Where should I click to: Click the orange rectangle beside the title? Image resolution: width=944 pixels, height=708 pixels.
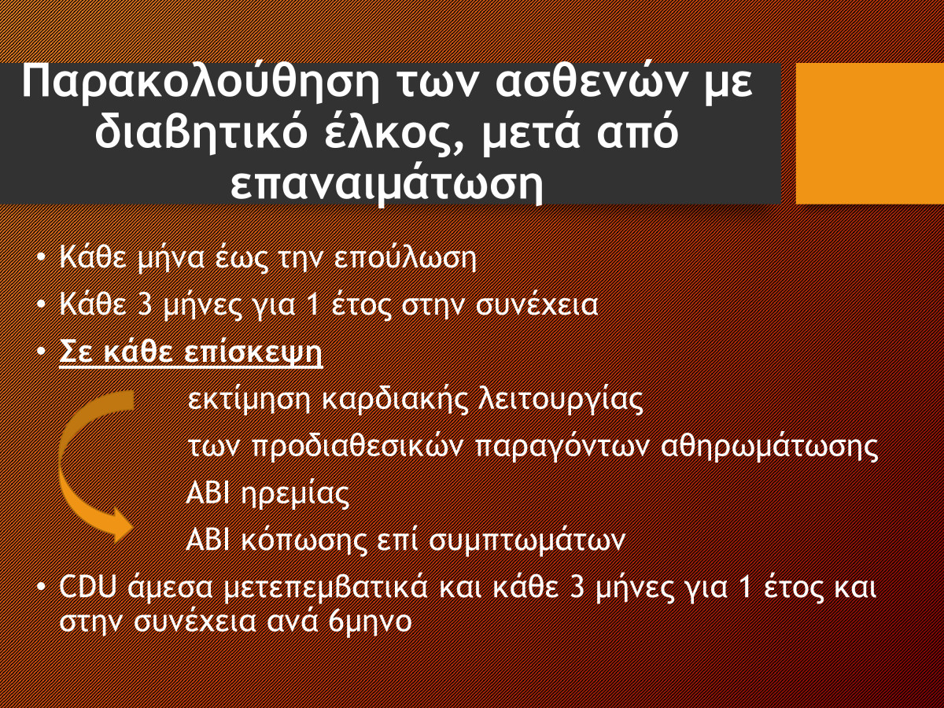pos(870,133)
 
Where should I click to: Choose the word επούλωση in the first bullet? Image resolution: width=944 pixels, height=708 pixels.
pos(405,258)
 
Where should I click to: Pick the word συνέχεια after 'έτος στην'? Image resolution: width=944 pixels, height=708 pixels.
pos(537,304)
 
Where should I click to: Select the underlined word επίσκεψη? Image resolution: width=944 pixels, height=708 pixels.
pos(253,352)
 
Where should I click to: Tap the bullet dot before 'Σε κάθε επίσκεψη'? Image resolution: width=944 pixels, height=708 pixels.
pos(41,352)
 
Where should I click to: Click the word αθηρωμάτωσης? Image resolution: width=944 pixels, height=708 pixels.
pos(769,447)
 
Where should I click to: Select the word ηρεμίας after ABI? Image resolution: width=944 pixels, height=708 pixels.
pos(295,493)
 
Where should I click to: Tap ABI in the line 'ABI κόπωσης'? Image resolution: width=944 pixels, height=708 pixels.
pos(208,540)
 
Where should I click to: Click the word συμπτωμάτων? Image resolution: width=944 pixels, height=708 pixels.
pos(527,540)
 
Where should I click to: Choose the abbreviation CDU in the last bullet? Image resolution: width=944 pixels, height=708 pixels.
pos(88,587)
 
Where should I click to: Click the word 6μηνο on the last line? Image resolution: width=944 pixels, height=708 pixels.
pos(370,621)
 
